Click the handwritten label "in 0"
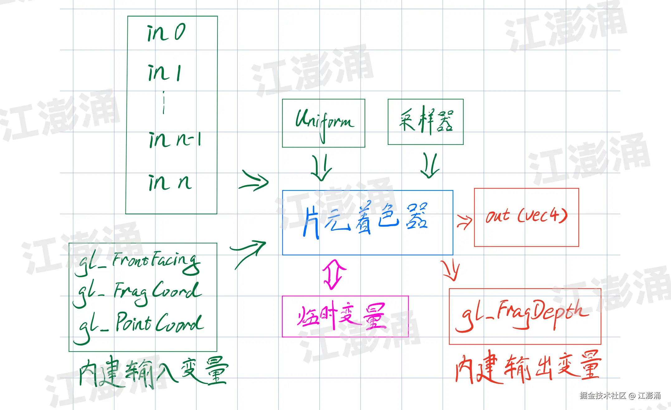click(x=166, y=32)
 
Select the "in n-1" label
click(x=174, y=140)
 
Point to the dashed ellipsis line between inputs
click(x=164, y=103)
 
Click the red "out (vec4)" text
click(x=526, y=216)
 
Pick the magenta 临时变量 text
click(x=342, y=316)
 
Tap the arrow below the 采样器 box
click(x=430, y=165)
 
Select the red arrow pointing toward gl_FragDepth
click(x=450, y=270)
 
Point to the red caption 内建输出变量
click(x=528, y=367)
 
